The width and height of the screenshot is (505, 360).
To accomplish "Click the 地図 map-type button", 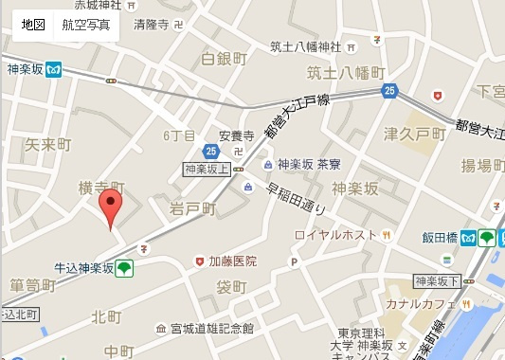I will pos(33,24).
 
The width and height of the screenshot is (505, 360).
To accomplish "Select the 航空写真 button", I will pos(85,24).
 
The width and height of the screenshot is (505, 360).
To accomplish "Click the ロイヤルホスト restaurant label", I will pos(336,235).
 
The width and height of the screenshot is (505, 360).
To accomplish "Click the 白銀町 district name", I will pos(224,59).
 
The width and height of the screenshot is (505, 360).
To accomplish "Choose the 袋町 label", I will pos(230,287).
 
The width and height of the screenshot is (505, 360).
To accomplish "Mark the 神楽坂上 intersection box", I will pos(207,169).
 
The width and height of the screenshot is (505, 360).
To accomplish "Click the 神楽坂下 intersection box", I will pos(437,281).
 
